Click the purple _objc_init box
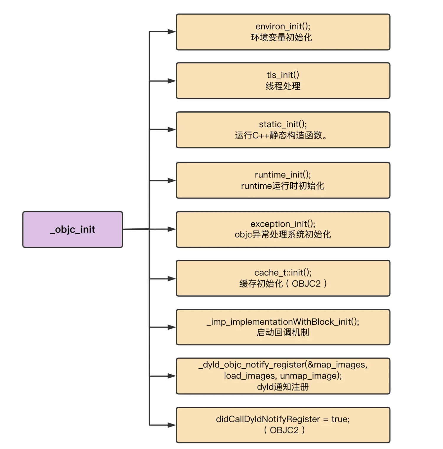tap(73, 229)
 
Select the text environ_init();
tap(283, 27)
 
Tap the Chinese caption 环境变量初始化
tap(281, 38)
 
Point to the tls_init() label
tap(283, 75)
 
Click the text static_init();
tap(283, 124)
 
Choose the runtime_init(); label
tap(283, 175)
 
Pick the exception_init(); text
tap(283, 224)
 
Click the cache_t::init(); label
tap(283, 272)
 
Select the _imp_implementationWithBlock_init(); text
tap(283, 322)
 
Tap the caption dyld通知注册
tap(283, 387)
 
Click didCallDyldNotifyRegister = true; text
tap(283, 419)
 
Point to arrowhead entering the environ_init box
tap(172, 32)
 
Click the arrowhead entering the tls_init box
tap(172, 81)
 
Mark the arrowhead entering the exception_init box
tap(172, 229)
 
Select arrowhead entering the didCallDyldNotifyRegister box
tap(172, 425)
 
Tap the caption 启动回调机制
tap(283, 332)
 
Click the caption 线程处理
tap(283, 86)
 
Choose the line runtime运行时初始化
tap(283, 186)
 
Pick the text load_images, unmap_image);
tap(283, 376)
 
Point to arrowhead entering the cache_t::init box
tap(172, 279)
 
